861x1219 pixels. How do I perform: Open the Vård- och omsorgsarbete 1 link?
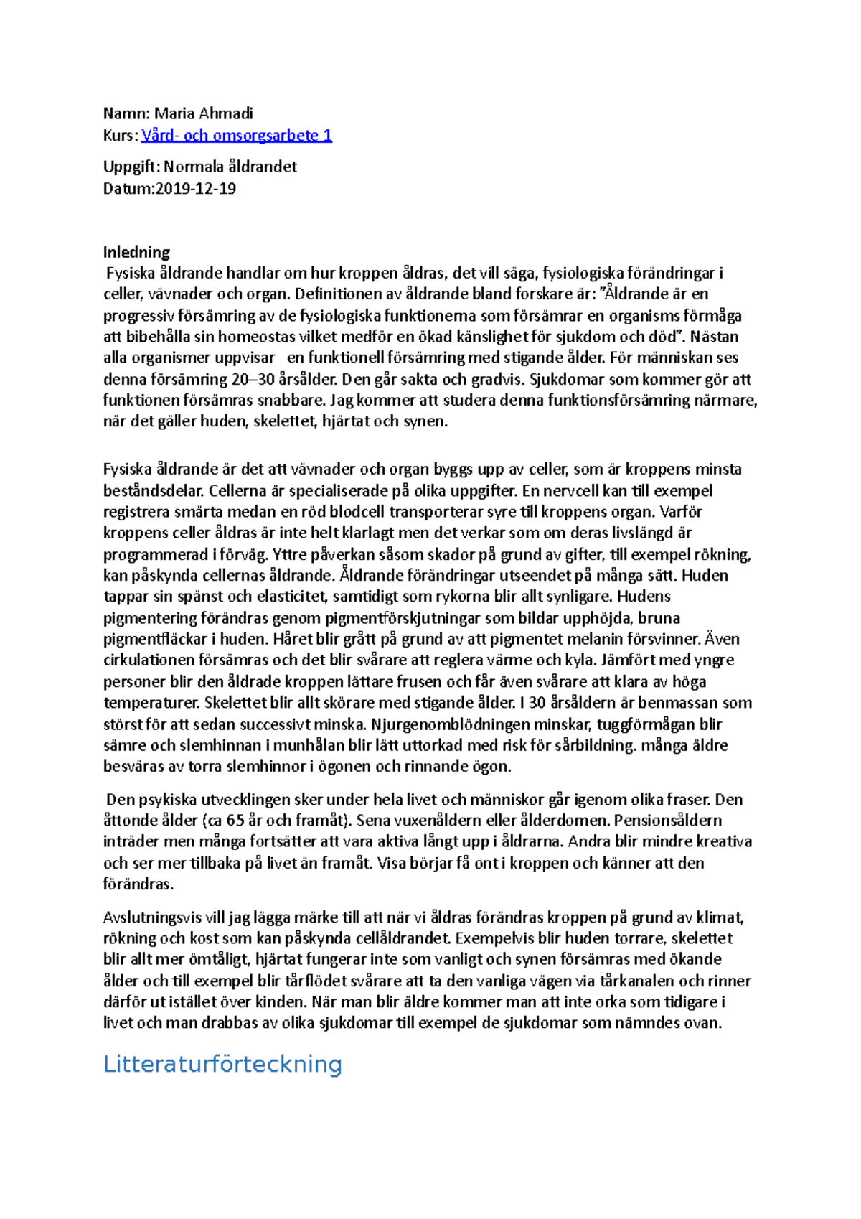(237, 135)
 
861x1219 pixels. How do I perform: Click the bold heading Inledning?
(136, 252)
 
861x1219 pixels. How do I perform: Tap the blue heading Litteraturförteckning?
(222, 1063)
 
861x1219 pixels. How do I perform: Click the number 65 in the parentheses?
(235, 821)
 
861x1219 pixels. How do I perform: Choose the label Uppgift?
(130, 167)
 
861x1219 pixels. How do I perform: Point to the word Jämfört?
(646, 660)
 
